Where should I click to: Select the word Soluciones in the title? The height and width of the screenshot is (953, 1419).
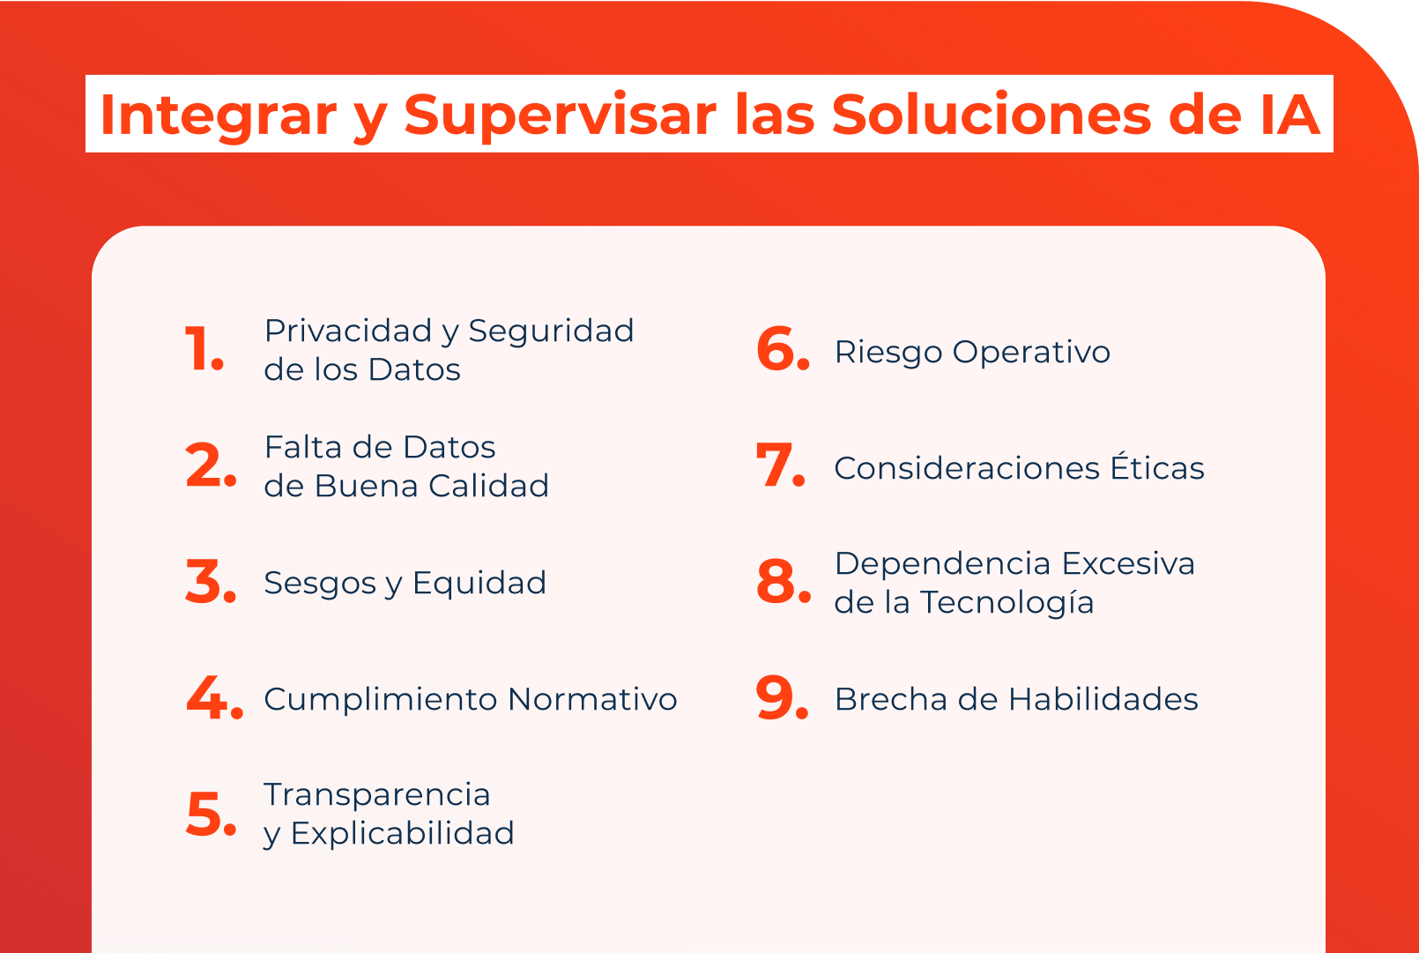992,115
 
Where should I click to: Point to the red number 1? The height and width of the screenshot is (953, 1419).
204,349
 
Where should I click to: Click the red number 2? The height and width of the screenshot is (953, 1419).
211,465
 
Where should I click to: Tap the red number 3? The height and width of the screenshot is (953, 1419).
211,582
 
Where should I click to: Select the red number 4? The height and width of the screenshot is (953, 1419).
213,698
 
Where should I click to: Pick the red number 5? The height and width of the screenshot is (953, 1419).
211,814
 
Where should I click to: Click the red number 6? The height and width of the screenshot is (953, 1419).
782,349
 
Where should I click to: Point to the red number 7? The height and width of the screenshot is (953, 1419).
780,465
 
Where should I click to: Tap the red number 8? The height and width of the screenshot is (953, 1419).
783,582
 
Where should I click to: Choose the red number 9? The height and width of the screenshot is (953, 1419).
782,698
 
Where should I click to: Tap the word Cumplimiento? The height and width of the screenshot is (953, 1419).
381,699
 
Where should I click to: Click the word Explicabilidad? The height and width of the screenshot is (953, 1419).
402,833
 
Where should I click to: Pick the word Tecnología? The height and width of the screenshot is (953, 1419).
1007,603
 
